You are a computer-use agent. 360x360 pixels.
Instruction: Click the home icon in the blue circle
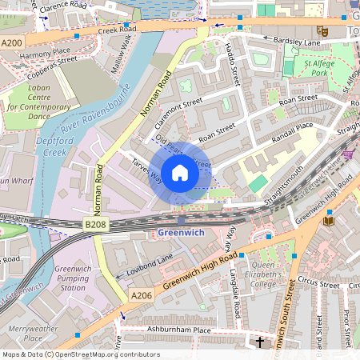pyautogui.click(x=180, y=173)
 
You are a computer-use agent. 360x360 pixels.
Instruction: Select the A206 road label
pyautogui.click(x=142, y=296)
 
